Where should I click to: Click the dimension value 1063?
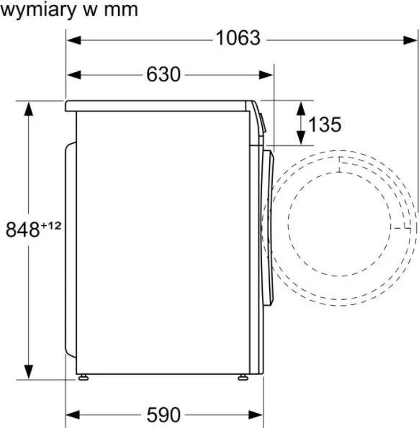(x=238, y=38)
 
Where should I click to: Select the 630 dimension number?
(x=163, y=74)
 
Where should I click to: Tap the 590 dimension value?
(x=163, y=415)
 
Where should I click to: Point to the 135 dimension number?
(x=325, y=124)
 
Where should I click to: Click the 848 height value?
(x=22, y=229)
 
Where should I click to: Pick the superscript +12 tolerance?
(x=51, y=226)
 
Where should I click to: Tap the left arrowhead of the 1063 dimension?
(x=74, y=40)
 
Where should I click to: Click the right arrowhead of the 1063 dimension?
(x=410, y=40)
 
